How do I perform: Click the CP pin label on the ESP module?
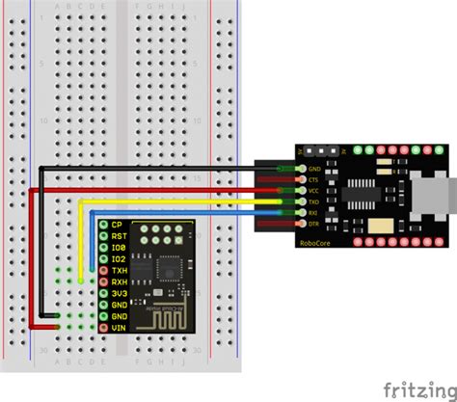116,225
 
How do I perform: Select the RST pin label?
117,236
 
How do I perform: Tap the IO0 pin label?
117,248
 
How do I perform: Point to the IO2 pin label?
117,259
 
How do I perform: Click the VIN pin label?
117,328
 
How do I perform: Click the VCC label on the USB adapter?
312,191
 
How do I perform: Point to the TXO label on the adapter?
312,201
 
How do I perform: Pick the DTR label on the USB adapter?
312,224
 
